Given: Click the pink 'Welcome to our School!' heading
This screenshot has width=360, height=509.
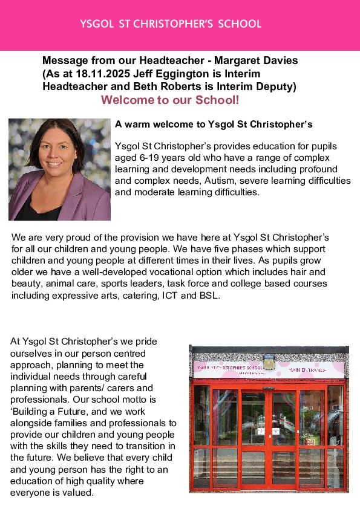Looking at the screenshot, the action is click(170, 100).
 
